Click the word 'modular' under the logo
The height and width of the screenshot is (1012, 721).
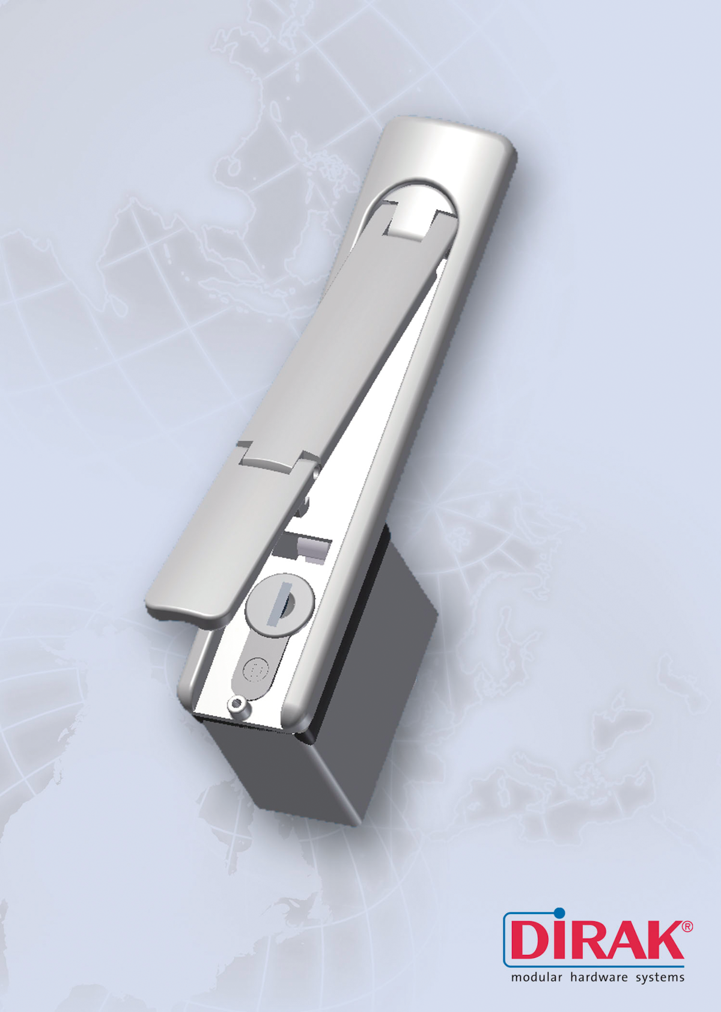click(x=536, y=977)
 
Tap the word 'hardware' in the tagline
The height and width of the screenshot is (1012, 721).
click(x=598, y=977)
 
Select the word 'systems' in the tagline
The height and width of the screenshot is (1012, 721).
click(x=660, y=978)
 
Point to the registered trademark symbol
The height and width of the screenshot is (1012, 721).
click(x=687, y=927)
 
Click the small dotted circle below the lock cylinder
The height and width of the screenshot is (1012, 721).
click(x=257, y=668)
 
